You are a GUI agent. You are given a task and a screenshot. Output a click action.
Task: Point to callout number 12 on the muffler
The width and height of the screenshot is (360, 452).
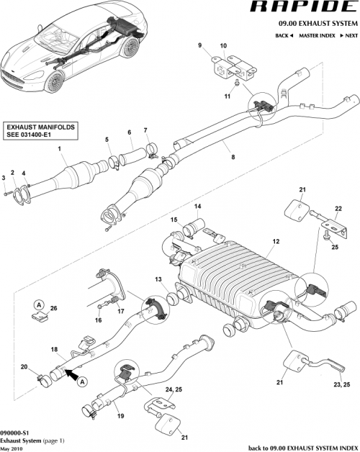pos(274,242)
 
